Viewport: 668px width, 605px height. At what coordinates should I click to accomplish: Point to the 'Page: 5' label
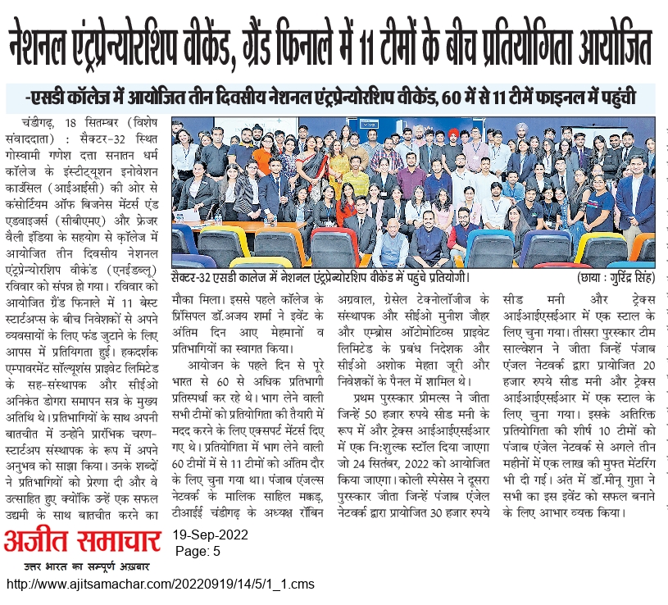click(x=198, y=553)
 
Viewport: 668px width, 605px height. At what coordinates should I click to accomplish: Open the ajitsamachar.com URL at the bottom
click(x=160, y=585)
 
